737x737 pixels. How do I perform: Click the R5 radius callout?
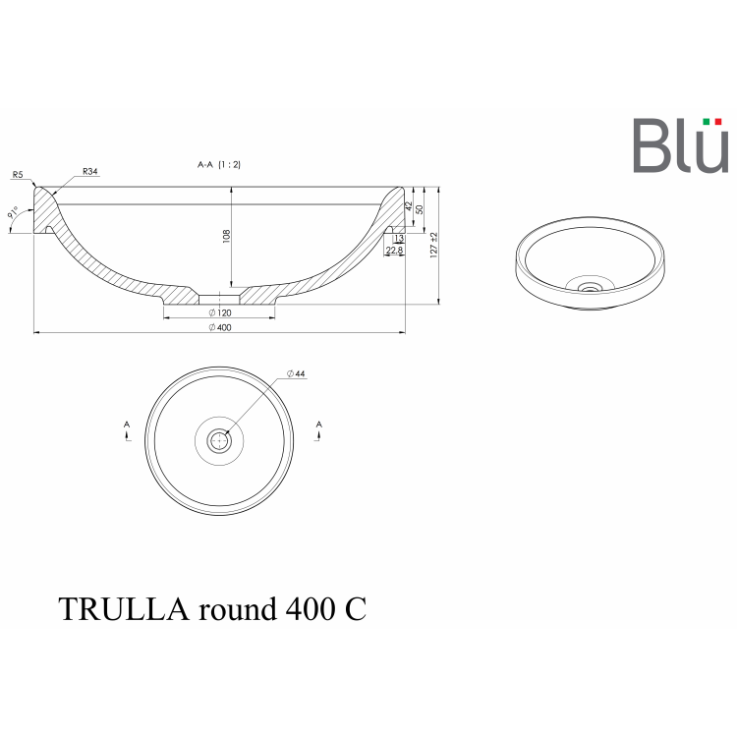[x=18, y=175]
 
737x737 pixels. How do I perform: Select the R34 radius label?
[x=89, y=172]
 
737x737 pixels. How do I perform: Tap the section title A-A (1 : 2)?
[x=219, y=165]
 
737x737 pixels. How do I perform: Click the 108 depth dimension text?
[x=226, y=236]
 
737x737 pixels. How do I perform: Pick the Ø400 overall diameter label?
[x=219, y=327]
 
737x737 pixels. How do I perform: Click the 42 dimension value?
[x=409, y=206]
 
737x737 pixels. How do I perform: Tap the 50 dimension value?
[x=420, y=209]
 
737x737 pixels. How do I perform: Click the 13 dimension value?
[x=398, y=239]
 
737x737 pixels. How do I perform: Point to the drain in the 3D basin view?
[x=590, y=287]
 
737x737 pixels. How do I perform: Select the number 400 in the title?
[x=308, y=609]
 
